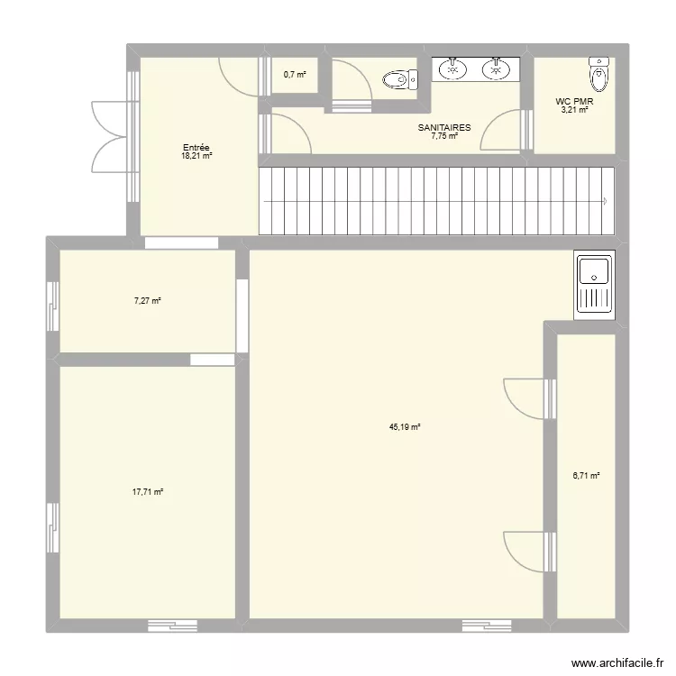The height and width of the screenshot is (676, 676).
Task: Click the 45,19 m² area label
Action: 405,428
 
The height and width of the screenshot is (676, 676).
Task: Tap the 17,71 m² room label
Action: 147,492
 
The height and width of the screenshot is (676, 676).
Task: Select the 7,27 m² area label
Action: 147,300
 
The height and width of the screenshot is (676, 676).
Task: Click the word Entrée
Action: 196,148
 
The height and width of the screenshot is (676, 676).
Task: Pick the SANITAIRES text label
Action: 444,128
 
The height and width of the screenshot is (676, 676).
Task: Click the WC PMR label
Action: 573,102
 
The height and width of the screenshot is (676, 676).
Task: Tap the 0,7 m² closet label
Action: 294,75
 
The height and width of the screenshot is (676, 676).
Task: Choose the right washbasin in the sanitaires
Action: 495,68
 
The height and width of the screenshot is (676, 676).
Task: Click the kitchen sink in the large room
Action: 594,283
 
